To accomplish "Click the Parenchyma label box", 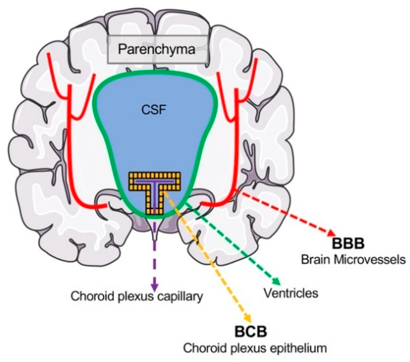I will [x=158, y=50].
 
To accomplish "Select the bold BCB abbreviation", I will [x=250, y=332].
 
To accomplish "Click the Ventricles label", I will [x=291, y=293].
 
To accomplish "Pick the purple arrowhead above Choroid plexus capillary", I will [x=154, y=287].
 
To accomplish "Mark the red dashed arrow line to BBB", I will [x=286, y=213].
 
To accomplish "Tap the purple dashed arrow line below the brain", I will [x=155, y=255].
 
